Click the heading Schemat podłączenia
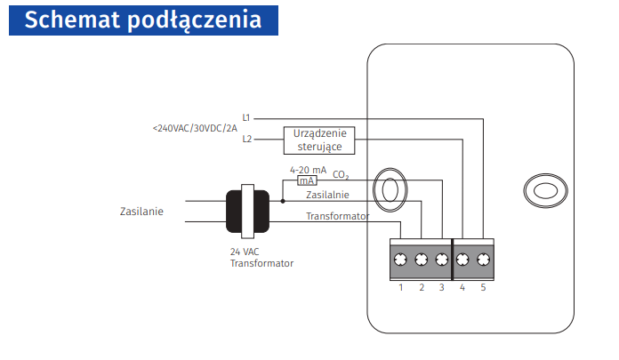[x=142, y=20]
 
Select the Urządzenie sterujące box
[x=318, y=140]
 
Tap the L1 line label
[x=246, y=117]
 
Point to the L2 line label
[x=246, y=139]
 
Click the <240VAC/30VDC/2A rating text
[x=195, y=128]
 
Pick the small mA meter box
[x=306, y=180]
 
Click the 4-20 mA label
[x=308, y=169]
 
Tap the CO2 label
[x=341, y=176]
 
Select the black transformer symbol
[x=246, y=212]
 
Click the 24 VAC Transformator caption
[x=261, y=258]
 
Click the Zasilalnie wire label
[x=327, y=194]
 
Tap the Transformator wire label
[x=337, y=216]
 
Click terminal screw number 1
[x=401, y=260]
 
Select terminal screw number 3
[x=442, y=260]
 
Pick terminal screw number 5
[x=483, y=260]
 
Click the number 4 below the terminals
[x=462, y=287]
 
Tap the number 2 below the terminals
[x=422, y=287]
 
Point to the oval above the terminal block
[x=388, y=189]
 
